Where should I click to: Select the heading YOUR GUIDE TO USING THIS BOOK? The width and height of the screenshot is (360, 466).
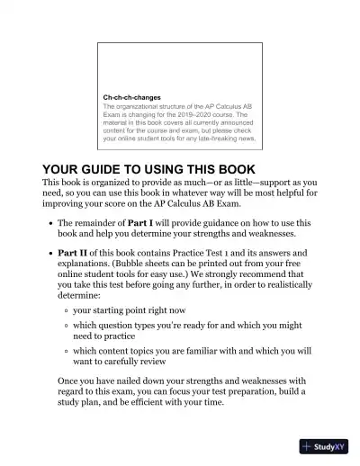[x=149, y=169]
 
